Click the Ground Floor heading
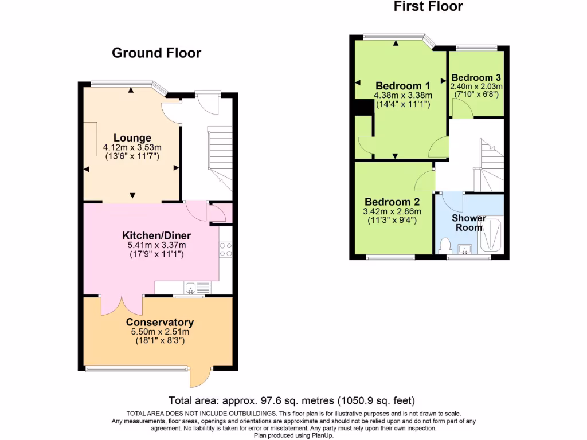pyautogui.click(x=156, y=53)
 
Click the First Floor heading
pyautogui.click(x=428, y=7)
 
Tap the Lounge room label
pyautogui.click(x=132, y=137)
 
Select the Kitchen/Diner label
pyautogui.click(x=156, y=235)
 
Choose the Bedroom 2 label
pyautogui.click(x=392, y=202)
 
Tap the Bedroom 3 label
pyautogui.click(x=476, y=77)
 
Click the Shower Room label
pyautogui.click(x=469, y=222)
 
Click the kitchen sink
pyautogui.click(x=191, y=288)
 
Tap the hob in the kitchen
pyautogui.click(x=225, y=249)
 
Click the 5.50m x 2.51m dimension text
pyautogui.click(x=160, y=332)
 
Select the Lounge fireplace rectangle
pyautogui.click(x=91, y=139)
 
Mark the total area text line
pyautogui.click(x=292, y=400)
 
